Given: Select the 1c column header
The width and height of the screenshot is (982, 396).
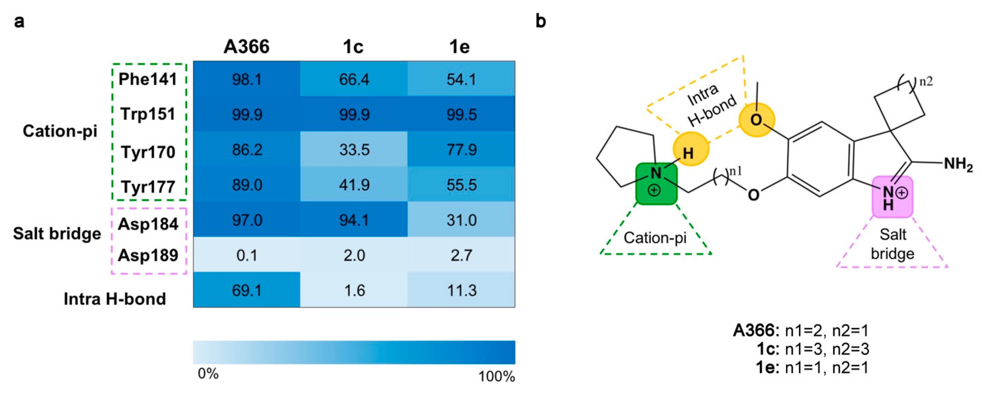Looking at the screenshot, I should tap(353, 47).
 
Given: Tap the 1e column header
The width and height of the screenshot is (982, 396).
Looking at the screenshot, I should tap(459, 47).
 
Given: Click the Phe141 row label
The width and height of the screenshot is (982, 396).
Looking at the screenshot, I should tap(148, 79).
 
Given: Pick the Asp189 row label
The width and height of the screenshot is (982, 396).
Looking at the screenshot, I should tap(148, 255).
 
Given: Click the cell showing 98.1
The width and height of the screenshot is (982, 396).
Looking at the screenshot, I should tap(247, 79).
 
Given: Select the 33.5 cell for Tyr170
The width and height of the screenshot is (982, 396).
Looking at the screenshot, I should tap(354, 149).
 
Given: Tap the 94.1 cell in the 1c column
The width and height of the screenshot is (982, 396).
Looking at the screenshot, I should tap(354, 220).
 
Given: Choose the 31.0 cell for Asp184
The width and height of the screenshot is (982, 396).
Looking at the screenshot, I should tap(461, 220).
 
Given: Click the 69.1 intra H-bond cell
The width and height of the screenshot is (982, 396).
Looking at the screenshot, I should tap(247, 290).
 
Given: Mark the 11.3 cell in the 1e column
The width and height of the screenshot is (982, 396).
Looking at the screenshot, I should tap(461, 290).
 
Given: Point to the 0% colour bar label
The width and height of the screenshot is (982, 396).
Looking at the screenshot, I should tap(208, 374).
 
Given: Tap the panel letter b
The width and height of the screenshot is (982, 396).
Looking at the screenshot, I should tap(541, 21).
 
